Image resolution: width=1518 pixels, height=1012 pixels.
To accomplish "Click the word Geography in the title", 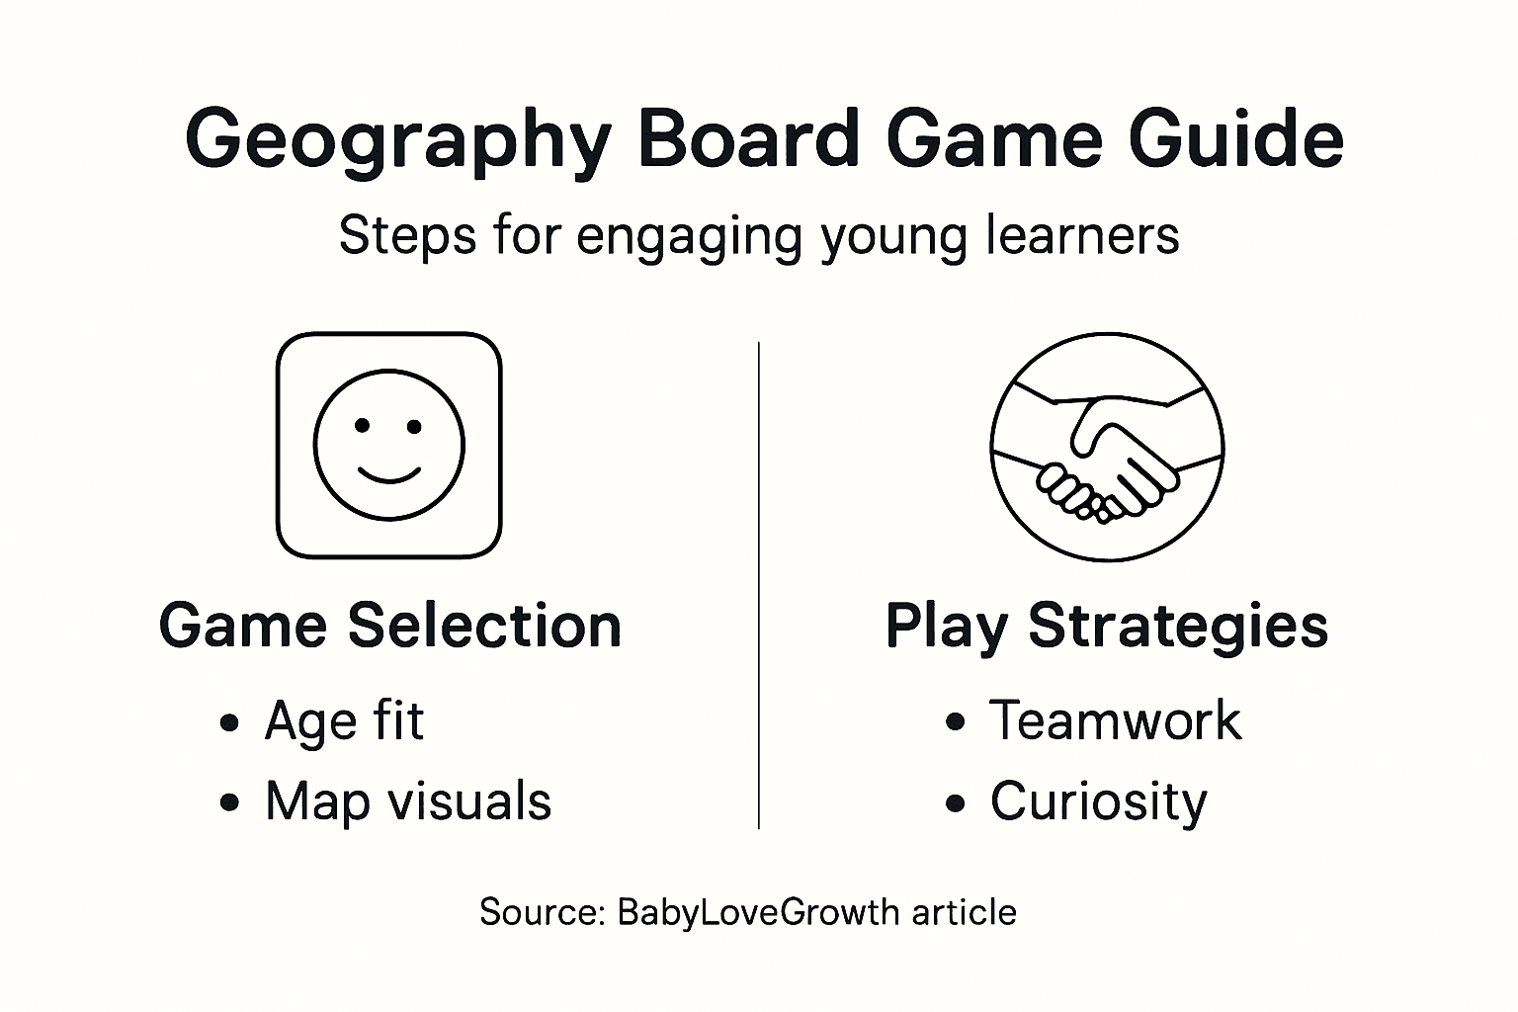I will tap(396, 141).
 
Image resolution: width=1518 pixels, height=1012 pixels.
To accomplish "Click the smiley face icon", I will tap(388, 445).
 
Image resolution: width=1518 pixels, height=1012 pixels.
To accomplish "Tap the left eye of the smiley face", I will tap(363, 426).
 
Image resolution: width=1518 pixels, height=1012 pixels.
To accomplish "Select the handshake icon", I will tap(1107, 447).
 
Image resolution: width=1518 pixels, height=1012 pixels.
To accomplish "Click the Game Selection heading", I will tap(390, 626).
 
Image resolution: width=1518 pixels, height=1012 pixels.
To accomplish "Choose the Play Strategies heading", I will tap(1106, 626).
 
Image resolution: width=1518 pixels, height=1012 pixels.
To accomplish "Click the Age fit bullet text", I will tap(344, 720).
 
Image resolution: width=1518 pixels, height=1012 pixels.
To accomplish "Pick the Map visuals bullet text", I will tap(407, 801).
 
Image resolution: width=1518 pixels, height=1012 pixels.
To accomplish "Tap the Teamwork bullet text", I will tap(1115, 720).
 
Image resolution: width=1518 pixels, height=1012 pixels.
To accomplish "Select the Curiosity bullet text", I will tap(1098, 801).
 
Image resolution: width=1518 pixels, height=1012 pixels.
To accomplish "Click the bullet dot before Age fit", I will tap(230, 722).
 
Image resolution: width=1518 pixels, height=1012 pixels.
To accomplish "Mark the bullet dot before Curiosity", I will tap(955, 802).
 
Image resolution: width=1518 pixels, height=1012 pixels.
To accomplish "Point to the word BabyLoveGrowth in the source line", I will tap(758, 911).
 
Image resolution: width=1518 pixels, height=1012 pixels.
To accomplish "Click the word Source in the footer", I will tap(542, 911).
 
